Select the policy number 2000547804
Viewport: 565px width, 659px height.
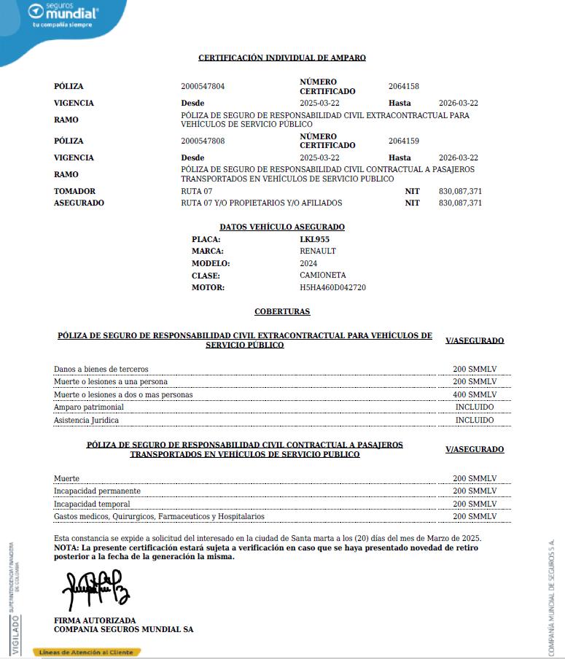[203, 86]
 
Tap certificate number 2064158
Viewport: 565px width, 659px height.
[403, 86]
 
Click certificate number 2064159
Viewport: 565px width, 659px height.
[403, 141]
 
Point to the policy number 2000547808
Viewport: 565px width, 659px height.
[203, 141]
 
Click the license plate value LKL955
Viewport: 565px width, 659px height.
[314, 239]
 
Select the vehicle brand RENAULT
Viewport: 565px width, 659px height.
[318, 251]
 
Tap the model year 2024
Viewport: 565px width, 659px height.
[308, 263]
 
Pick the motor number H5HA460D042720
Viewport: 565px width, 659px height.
[332, 287]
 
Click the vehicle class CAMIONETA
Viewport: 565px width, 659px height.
[323, 276]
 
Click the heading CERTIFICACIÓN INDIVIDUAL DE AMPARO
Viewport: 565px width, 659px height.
[282, 58]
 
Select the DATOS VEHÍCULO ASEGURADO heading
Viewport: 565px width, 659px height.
[282, 227]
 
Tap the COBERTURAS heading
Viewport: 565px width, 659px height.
[282, 312]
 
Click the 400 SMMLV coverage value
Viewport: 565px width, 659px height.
[474, 394]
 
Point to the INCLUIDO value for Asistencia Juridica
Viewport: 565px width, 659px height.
[474, 420]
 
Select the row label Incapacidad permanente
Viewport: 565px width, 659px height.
[97, 491]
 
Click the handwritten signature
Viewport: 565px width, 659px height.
[96, 588]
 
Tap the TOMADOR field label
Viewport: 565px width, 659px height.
[74, 191]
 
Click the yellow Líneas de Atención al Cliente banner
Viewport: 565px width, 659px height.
[87, 652]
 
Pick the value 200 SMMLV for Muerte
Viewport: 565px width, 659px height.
[474, 479]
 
